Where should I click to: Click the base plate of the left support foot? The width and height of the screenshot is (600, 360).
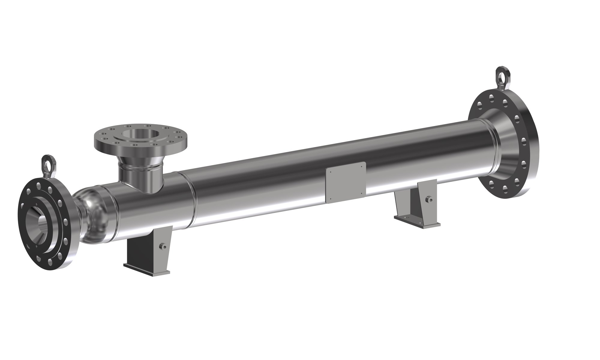pyautogui.click(x=147, y=268)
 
